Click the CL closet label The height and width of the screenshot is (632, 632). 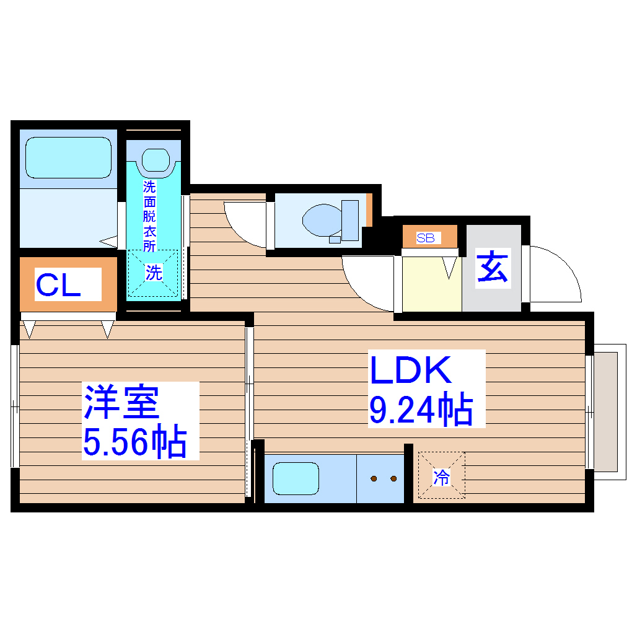coord(58,285)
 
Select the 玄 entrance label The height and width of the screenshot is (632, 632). coord(493,269)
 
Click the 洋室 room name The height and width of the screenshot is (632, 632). coord(122,402)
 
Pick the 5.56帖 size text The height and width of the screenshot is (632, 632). coord(135,441)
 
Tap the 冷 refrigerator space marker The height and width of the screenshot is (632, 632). coord(441,476)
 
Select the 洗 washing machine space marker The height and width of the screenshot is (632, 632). coord(153,273)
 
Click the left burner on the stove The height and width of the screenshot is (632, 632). coord(374,478)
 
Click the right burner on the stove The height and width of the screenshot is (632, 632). coord(393,478)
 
